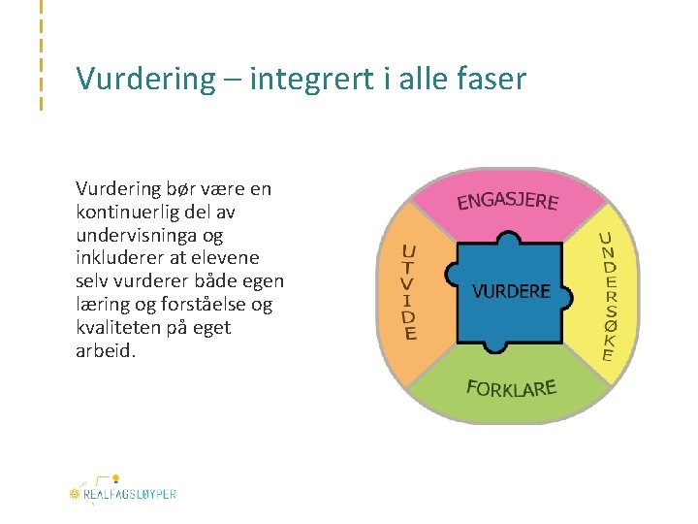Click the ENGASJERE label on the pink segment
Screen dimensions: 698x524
coord(507,201)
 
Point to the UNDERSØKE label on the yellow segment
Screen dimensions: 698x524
coord(607,296)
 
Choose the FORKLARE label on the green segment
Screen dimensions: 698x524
coord(511,389)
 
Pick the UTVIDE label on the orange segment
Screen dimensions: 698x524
coord(410,292)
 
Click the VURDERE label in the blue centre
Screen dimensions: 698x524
coord(511,291)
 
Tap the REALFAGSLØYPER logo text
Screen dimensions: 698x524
coord(129,494)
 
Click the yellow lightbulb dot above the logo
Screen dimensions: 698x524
coord(115,478)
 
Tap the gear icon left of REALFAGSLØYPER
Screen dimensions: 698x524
coord(74,494)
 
